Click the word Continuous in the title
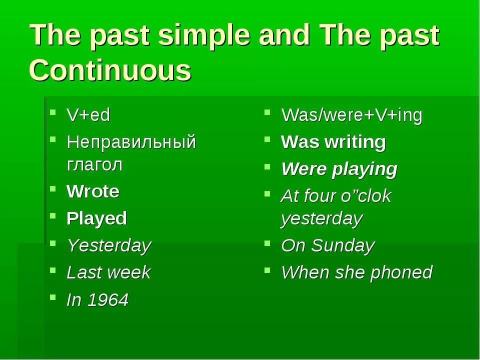click(110, 70)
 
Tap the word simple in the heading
click(204, 35)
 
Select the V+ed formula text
click(88, 115)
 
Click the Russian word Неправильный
click(131, 142)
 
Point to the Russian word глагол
click(94, 164)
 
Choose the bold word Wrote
click(93, 191)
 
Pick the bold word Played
click(96, 219)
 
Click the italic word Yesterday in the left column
click(109, 246)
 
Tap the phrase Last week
click(108, 272)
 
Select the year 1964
click(108, 299)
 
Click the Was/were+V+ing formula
click(351, 115)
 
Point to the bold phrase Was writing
click(333, 142)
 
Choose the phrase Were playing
click(339, 169)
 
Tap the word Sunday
click(342, 246)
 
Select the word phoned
click(401, 272)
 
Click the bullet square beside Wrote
click(53, 188)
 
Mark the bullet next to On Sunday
click(267, 243)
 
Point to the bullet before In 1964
click(53, 296)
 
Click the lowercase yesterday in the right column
click(321, 219)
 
